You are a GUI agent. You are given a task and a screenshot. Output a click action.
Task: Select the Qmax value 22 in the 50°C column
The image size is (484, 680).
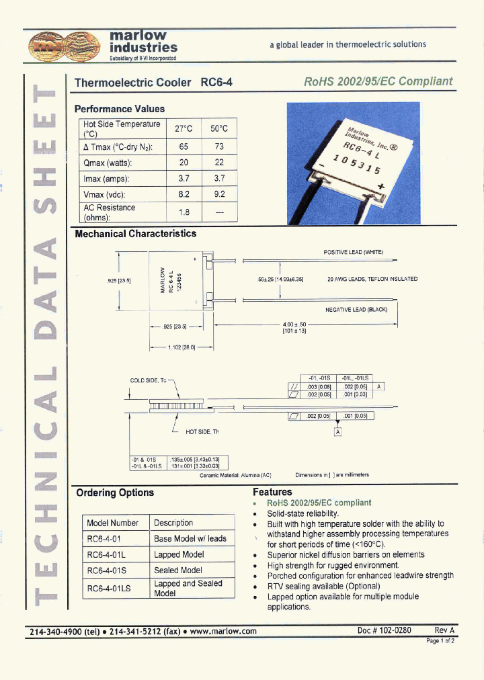pos(219,163)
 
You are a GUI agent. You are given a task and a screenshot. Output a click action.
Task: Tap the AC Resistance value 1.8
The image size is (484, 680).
pos(184,212)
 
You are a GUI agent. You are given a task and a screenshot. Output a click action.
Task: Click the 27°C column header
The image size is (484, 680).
pos(184,128)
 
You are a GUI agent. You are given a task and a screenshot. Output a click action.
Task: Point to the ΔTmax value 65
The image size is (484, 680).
pos(184,146)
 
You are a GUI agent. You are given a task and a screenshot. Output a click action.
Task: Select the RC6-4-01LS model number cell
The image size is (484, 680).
pos(109,589)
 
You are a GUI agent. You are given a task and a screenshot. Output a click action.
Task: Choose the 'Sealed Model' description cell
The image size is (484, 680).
pos(178,570)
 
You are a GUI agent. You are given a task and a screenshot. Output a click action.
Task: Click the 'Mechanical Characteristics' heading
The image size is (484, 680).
pos(135,234)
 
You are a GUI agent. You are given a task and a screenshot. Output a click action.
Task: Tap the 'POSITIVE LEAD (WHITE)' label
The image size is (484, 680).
pos(354,252)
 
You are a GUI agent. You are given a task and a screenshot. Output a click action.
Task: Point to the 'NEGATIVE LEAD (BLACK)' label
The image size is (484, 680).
pos(356,309)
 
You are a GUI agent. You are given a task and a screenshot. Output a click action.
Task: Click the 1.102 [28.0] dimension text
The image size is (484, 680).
pos(182,347)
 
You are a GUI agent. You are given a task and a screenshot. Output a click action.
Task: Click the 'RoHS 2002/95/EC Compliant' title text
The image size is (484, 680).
pos(378,82)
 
